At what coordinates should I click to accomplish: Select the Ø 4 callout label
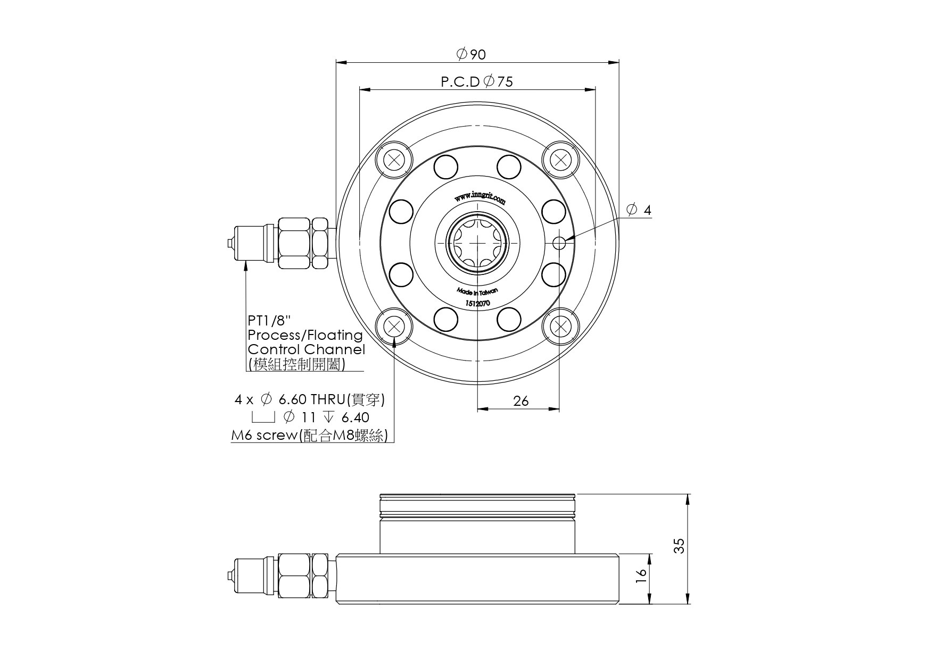coord(639,210)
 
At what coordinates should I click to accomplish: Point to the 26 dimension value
coord(520,401)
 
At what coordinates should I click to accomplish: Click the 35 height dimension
coord(679,546)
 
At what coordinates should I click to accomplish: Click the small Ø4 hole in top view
coord(559,243)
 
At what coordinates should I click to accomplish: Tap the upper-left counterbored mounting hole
coord(394,160)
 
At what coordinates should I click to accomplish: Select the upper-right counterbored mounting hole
coord(560,160)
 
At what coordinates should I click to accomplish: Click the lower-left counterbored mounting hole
coord(394,326)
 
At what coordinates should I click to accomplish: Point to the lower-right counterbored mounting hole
coord(560,326)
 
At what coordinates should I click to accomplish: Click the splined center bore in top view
coord(477,243)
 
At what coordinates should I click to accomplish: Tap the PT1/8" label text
coord(270,321)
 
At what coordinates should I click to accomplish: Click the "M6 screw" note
coord(264,436)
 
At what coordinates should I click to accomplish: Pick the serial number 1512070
coord(477,303)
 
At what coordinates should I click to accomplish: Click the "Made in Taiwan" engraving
coord(477,291)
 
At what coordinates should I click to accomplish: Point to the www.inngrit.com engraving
coord(480,198)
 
